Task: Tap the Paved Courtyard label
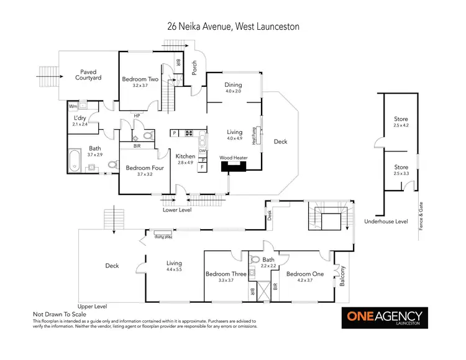pyautogui.click(x=88, y=75)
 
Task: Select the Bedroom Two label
pyautogui.click(x=140, y=79)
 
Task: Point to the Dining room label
pyautogui.click(x=233, y=86)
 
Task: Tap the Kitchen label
pyautogui.click(x=185, y=156)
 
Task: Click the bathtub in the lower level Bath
pyautogui.click(x=75, y=160)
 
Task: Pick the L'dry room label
pyautogui.click(x=80, y=118)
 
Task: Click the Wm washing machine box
pyautogui.click(x=73, y=106)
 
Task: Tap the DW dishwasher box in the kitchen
pyautogui.click(x=203, y=151)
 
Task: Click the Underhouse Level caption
pyautogui.click(x=386, y=221)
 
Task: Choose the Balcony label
pyautogui.click(x=342, y=275)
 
